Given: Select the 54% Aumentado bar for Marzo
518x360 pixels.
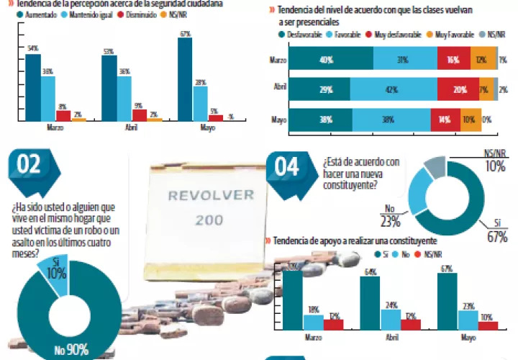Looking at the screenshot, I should pos(32,86).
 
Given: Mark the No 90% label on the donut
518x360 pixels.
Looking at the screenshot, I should pos(72,350).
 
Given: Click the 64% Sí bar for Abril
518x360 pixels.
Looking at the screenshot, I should pos(370,302).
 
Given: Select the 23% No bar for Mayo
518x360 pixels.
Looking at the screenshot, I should pos(468,320).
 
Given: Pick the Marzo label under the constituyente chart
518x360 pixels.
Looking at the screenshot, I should pos(313,337).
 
